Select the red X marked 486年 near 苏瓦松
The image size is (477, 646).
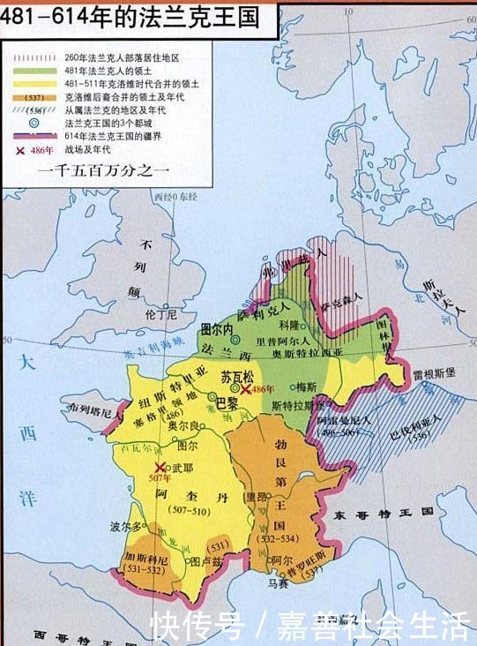[245, 389]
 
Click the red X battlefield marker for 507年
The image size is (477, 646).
[160, 468]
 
